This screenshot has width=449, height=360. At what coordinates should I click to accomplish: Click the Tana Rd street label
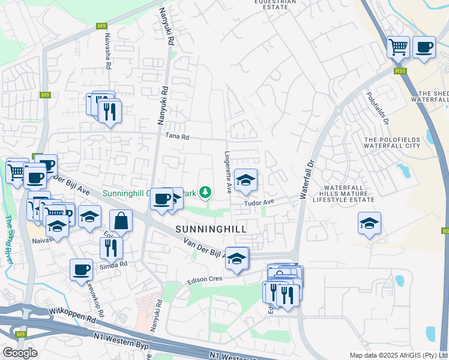[x=178, y=137]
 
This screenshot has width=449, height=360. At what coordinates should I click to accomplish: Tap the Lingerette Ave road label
[x=228, y=172]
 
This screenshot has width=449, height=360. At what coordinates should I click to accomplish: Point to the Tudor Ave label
[x=259, y=203]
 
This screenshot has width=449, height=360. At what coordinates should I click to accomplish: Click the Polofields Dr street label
[x=376, y=109]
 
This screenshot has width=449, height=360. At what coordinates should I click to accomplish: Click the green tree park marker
[x=206, y=192]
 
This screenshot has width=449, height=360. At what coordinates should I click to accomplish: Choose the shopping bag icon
[x=121, y=220]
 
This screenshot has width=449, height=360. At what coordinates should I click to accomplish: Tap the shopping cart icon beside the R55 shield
[x=399, y=46]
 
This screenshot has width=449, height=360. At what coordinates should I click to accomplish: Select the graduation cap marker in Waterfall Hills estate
[x=369, y=223]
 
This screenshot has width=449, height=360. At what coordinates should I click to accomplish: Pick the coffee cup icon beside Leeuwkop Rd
[x=81, y=269]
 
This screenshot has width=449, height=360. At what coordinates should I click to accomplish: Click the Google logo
[x=20, y=353]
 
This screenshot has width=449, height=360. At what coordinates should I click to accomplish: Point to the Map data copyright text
[x=399, y=355]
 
